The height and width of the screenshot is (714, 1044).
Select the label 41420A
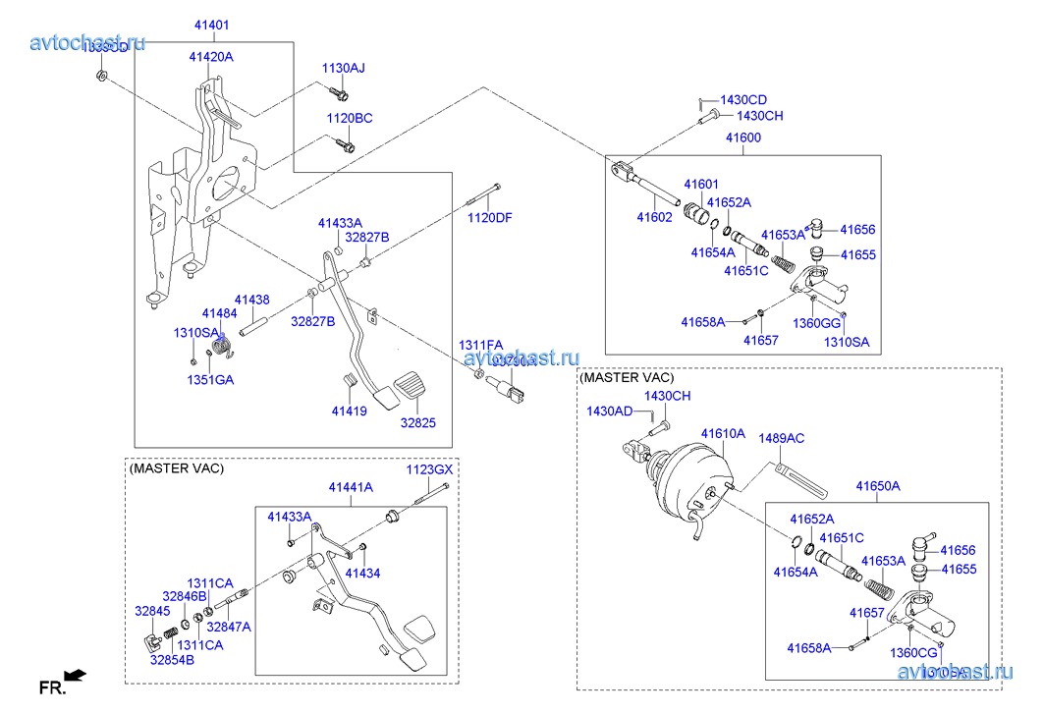(x=211, y=57)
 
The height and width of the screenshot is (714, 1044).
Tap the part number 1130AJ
(x=344, y=68)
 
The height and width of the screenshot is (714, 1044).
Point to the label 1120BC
(x=350, y=118)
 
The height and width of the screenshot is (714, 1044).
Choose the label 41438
(x=251, y=299)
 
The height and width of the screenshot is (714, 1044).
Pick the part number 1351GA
(x=210, y=379)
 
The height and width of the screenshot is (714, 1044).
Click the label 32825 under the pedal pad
(x=417, y=423)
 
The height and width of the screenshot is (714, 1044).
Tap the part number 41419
(x=349, y=412)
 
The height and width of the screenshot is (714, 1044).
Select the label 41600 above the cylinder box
(x=742, y=137)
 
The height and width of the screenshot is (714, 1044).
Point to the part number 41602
(x=654, y=216)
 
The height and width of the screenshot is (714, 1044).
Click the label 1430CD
(x=743, y=100)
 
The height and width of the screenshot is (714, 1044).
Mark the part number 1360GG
(x=817, y=323)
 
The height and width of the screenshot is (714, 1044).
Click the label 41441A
(x=351, y=487)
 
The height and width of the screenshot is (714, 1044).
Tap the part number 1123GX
(x=430, y=470)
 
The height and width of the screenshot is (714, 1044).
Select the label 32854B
(x=172, y=660)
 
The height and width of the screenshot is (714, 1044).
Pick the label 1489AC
(x=781, y=438)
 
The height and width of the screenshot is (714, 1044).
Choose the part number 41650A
(x=878, y=486)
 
